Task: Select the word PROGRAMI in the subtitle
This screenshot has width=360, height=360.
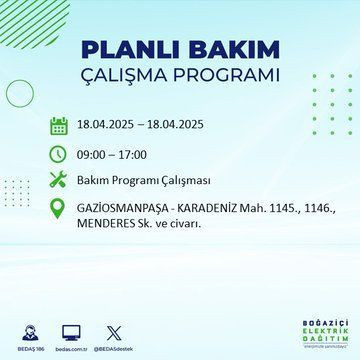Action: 225,78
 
